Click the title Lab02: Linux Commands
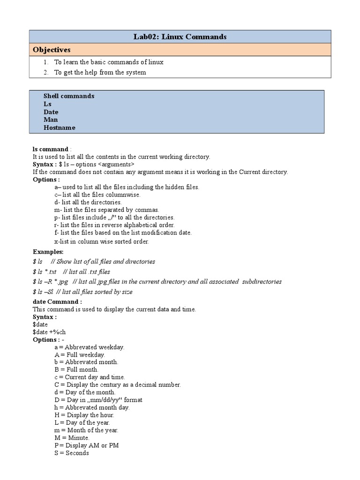(x=180, y=37)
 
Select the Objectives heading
(x=51, y=50)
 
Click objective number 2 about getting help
(x=100, y=72)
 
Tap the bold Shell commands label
(x=69, y=96)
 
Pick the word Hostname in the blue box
(x=59, y=127)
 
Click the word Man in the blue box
(x=51, y=120)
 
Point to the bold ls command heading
(x=51, y=149)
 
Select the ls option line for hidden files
(x=127, y=187)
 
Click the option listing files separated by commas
(x=106, y=210)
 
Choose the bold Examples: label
(x=48, y=252)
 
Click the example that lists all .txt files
(x=71, y=271)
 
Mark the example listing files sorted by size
(x=82, y=292)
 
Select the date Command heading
(x=57, y=302)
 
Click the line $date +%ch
(x=49, y=332)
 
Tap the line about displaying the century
(x=117, y=385)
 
